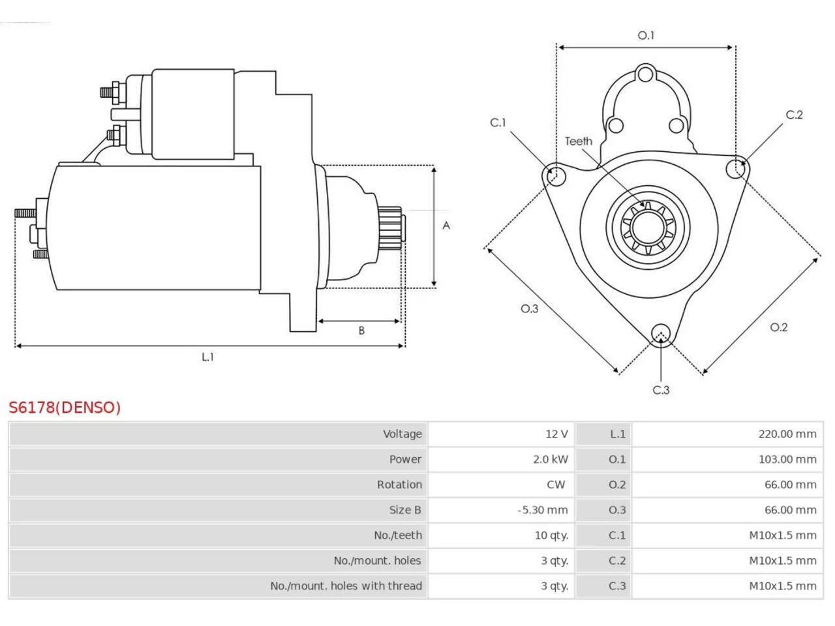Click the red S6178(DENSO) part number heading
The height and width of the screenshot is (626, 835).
65,408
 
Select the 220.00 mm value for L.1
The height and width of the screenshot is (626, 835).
787,434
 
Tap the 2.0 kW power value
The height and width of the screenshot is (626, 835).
550,460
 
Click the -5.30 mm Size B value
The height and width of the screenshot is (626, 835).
543,510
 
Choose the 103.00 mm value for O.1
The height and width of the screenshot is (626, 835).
787,460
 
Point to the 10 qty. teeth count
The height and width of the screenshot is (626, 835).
551,535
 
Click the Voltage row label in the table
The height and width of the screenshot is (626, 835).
402,434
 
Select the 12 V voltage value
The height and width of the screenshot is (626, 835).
556,434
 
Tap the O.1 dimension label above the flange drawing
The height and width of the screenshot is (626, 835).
646,35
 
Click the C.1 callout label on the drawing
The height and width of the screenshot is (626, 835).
498,123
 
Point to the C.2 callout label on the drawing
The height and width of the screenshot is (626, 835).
795,114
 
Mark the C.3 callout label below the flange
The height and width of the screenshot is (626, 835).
661,390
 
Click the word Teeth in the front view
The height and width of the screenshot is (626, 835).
578,142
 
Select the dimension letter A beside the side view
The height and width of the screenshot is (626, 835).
446,226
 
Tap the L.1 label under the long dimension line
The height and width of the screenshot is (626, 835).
207,357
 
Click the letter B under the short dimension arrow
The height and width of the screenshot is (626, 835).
361,331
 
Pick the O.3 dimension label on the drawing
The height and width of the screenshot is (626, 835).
530,308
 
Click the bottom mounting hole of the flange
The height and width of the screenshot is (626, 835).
661,334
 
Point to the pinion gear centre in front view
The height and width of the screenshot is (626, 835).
648,228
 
